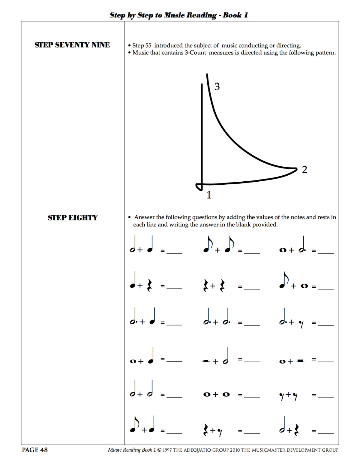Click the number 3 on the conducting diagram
click(x=217, y=87)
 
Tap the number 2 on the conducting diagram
click(x=304, y=170)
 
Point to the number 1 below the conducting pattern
click(x=209, y=195)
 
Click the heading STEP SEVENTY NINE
click(x=72, y=45)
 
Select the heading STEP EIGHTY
click(x=73, y=218)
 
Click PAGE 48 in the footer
click(x=35, y=450)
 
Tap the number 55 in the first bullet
click(x=148, y=46)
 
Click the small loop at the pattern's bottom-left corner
click(x=199, y=187)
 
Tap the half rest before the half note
click(x=206, y=361)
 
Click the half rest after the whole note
click(x=300, y=361)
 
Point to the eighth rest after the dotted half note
click(x=301, y=324)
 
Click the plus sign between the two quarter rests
click(x=213, y=286)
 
